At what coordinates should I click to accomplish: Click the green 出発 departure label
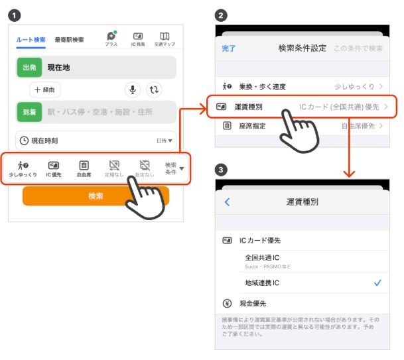(30, 68)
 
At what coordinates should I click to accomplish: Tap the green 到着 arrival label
(30, 112)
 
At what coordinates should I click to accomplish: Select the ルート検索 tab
(31, 40)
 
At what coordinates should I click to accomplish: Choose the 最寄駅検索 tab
(69, 40)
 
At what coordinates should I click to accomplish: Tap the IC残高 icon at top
(138, 38)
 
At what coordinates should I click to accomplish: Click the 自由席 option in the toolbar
(84, 168)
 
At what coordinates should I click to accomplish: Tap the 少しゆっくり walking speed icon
(23, 168)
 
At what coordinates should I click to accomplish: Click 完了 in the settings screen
(228, 48)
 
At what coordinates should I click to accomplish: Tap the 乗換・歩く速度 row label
(262, 87)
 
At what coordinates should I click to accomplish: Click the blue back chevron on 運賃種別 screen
(228, 202)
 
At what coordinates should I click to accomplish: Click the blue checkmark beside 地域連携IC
(377, 282)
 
